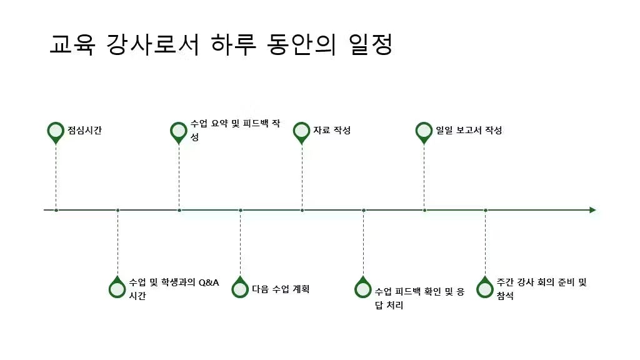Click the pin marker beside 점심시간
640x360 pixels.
pos(56,132)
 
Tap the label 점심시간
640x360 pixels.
pos(84,130)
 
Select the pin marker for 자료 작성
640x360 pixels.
pos(302,132)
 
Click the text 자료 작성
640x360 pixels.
pos(332,130)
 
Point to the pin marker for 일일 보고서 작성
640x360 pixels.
pos(424,132)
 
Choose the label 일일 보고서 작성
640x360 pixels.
pos(469,130)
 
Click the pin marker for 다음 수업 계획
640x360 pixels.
pos(240,287)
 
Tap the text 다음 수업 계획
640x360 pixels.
pos(281,289)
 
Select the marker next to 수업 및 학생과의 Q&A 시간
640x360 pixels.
pos(117,287)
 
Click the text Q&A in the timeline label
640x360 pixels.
pos(209,282)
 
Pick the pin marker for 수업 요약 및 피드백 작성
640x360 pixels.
pos(178,132)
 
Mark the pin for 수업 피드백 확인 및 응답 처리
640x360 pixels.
pos(363,287)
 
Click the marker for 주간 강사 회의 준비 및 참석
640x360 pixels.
pos(485,287)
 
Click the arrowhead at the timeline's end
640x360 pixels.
pos(592,210)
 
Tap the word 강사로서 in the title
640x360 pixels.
pos(153,44)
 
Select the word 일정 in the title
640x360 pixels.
pos(371,44)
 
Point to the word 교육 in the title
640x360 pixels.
pos(72,44)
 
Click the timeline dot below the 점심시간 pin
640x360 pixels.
pos(56,210)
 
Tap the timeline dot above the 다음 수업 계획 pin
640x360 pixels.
pos(241,210)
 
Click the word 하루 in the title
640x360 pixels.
pos(234,44)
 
